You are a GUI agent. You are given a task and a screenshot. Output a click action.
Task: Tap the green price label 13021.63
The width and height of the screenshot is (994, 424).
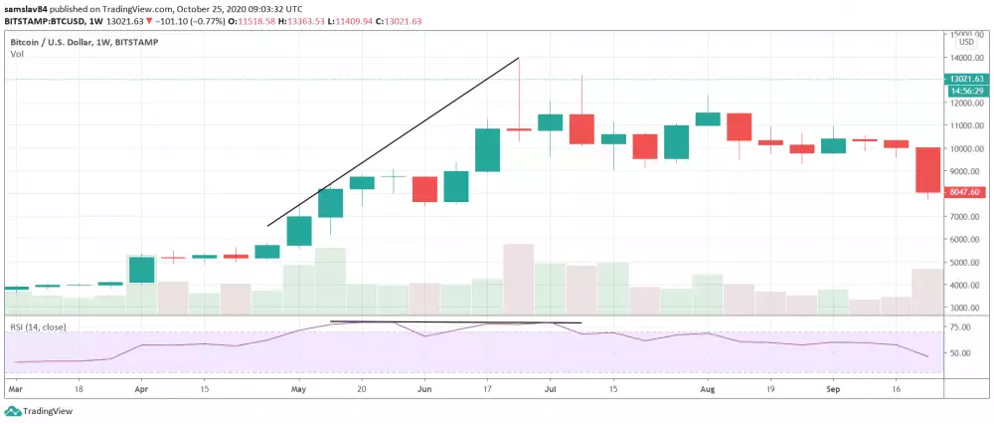point(967,79)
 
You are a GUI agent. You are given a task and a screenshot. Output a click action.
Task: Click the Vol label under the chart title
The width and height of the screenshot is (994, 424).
point(17,54)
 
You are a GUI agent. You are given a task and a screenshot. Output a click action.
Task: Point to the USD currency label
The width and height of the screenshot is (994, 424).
point(965,42)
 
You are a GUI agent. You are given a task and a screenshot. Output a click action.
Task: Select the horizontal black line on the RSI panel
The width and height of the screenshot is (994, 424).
point(455,322)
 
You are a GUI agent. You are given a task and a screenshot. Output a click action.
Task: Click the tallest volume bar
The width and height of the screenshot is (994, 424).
point(519,279)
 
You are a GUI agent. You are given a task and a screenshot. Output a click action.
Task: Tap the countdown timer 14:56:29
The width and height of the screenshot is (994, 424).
point(967,90)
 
